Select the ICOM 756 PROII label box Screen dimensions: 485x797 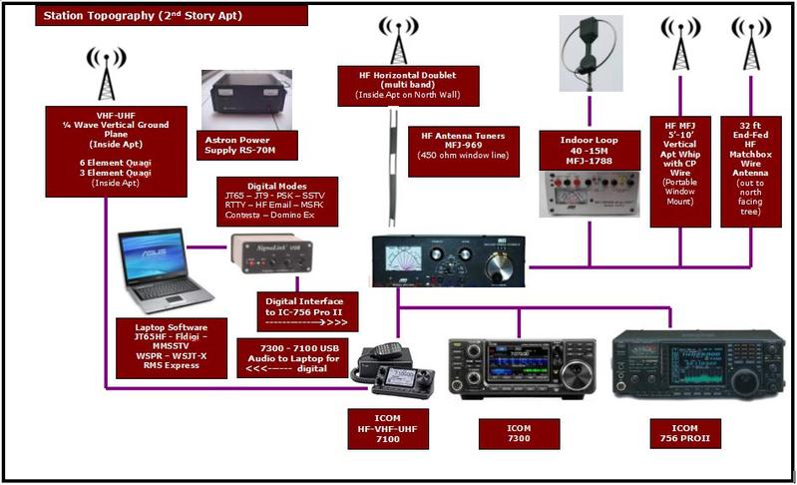tap(684, 433)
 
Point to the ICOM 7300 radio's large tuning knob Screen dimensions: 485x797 tap(576, 375)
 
